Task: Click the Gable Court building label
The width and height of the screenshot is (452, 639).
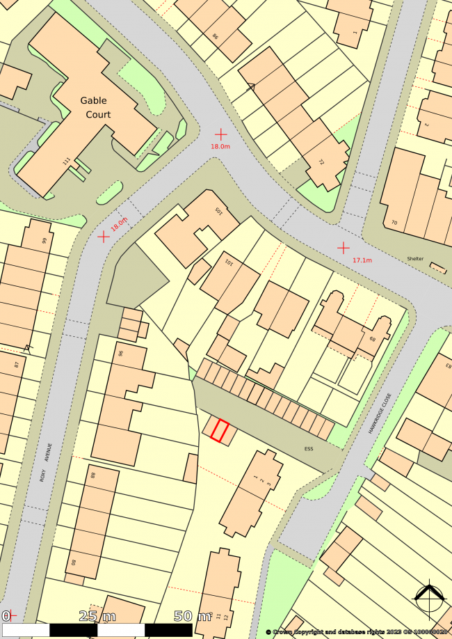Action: click(98, 107)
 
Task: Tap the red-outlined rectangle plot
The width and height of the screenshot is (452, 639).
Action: click(220, 431)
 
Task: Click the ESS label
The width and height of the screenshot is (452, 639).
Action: click(308, 449)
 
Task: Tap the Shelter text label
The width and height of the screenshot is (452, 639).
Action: click(415, 259)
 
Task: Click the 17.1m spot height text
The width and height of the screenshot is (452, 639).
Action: click(362, 260)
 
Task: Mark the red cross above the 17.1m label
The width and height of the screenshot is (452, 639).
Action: click(344, 248)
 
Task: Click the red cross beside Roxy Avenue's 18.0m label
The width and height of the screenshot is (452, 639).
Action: click(104, 237)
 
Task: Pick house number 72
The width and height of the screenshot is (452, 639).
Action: click(321, 162)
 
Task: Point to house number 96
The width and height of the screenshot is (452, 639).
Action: click(121, 354)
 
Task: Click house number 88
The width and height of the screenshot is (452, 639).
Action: click(92, 476)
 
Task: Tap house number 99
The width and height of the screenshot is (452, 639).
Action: click(44, 241)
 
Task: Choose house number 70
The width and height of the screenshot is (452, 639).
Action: click(394, 223)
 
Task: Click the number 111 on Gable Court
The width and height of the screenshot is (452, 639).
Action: click(67, 161)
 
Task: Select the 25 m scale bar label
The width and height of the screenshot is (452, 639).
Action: click(98, 616)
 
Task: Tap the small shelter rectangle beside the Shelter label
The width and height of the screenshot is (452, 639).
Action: click(438, 267)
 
